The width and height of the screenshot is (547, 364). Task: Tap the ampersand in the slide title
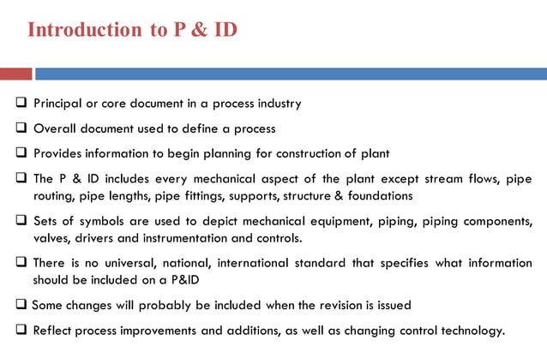point(197,30)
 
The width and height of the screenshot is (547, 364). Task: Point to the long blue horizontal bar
point(291,74)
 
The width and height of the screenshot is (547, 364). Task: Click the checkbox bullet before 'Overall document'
point(21,128)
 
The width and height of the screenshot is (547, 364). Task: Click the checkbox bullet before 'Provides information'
point(21,154)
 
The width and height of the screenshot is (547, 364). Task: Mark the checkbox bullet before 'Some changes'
point(21,305)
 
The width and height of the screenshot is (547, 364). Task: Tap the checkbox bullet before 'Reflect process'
point(21,330)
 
